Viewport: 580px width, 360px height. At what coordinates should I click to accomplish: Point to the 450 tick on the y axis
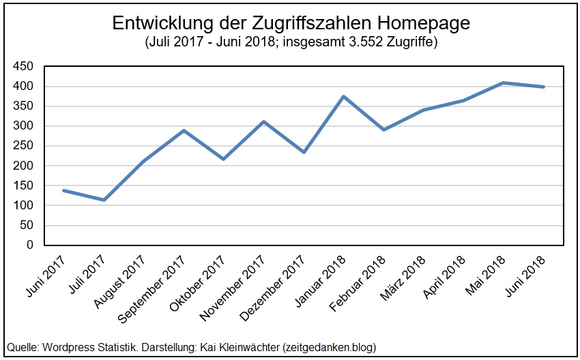click(24, 66)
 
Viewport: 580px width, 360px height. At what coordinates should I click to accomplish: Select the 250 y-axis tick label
click(24, 146)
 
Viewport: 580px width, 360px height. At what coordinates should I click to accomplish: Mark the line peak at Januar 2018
click(343, 96)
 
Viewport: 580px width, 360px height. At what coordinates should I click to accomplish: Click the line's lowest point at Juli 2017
click(104, 200)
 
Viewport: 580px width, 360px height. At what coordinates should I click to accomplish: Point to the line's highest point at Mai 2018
click(503, 82)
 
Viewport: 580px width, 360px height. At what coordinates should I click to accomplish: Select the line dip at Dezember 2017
click(304, 152)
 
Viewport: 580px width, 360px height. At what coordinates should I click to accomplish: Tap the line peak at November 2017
click(263, 121)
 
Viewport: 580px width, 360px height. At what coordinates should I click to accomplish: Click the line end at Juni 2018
click(544, 87)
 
